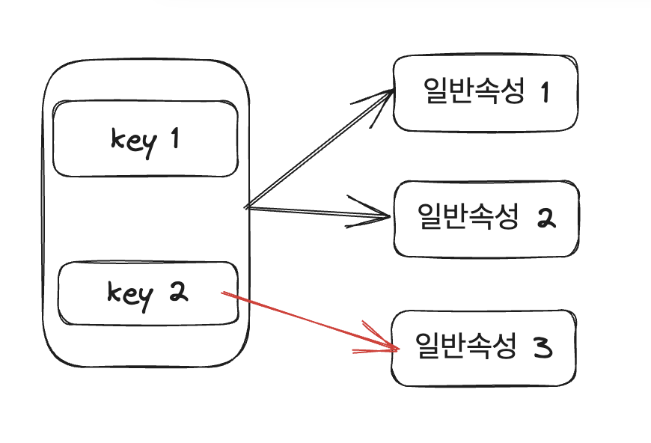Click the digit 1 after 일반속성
coord(544,93)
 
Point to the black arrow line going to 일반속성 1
coord(318,150)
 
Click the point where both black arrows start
coord(247,206)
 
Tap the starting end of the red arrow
coord(224,294)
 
